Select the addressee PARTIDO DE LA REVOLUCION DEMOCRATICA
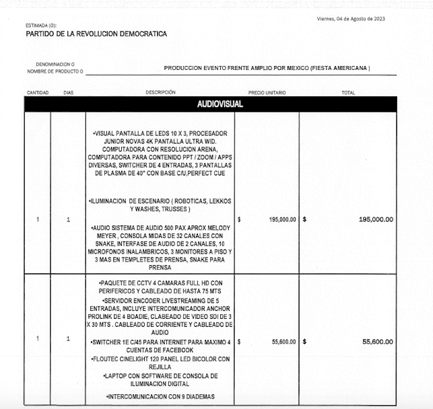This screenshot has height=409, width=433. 96,34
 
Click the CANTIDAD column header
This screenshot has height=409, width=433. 38,93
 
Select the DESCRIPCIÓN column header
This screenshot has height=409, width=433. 160,93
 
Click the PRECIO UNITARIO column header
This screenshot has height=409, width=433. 267,93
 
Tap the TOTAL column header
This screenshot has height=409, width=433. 348,93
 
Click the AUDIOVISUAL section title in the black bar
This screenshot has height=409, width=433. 220,104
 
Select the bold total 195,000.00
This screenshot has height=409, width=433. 375,219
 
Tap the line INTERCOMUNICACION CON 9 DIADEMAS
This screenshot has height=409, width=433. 160,396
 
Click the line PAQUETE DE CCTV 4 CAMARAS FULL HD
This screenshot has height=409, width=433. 160,282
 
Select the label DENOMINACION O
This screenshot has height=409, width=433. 55,64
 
